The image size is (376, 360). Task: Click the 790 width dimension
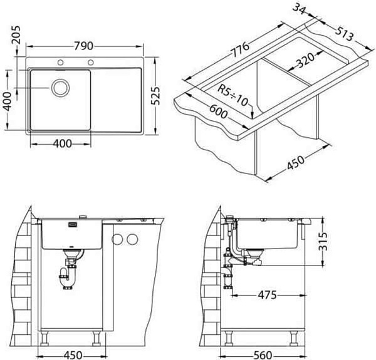click(x=83, y=46)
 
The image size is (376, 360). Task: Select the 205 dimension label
click(x=16, y=35)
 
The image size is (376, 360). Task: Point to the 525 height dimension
click(x=155, y=96)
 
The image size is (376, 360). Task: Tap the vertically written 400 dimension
click(x=8, y=101)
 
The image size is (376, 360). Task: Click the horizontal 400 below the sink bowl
click(x=62, y=144)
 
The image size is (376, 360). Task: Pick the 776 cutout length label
click(x=240, y=49)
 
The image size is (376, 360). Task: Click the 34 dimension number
click(x=300, y=9)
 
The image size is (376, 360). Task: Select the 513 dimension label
click(x=344, y=34)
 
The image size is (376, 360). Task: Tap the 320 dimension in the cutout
click(x=305, y=61)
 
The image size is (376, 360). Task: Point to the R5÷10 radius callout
click(x=232, y=95)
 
